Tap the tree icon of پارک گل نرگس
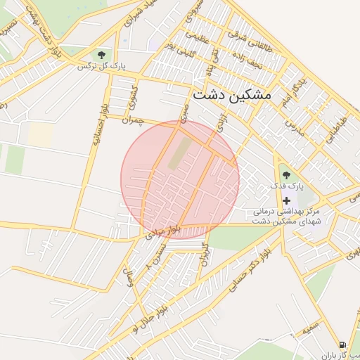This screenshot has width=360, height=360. pos(103,55)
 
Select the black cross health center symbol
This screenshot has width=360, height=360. pos(286,200)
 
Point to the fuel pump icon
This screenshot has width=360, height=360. pos(342,345)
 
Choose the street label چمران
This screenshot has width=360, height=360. pos(132,121)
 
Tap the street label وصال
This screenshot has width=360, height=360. pos(128,275)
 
